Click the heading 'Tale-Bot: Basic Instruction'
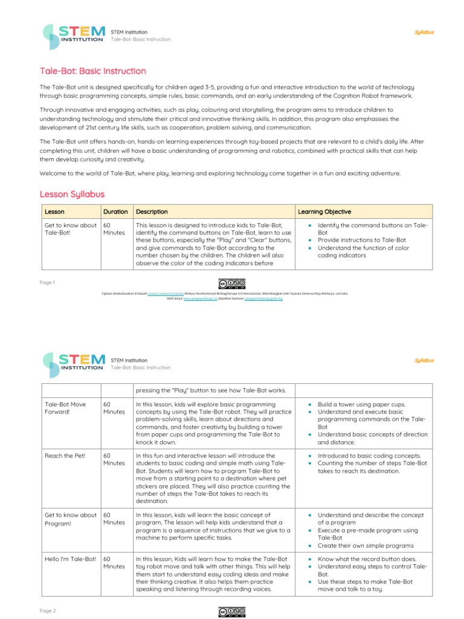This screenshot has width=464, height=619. coord(92,71)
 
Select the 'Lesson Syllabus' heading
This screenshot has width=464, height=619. coord(72,194)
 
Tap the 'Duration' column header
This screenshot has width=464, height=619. coord(115,212)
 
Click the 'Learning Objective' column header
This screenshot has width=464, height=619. coord(324,212)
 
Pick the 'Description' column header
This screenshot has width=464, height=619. coord(152,212)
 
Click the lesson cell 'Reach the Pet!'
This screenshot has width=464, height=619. coord(65,456)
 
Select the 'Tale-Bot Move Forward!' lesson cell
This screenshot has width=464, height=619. coord(65,408)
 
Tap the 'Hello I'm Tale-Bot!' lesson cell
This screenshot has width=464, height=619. coord(70,559)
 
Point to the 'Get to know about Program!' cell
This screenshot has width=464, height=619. coord(70,519)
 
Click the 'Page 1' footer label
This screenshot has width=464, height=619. coord(47,282)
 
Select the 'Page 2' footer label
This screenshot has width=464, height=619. coord(47,611)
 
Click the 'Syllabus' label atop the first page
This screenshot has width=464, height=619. coord(424,33)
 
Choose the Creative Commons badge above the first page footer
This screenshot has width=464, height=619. coord(232,284)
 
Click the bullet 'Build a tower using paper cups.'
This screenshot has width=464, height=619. coord(361,404)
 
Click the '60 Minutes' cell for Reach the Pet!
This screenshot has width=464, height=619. coord(113,459)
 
